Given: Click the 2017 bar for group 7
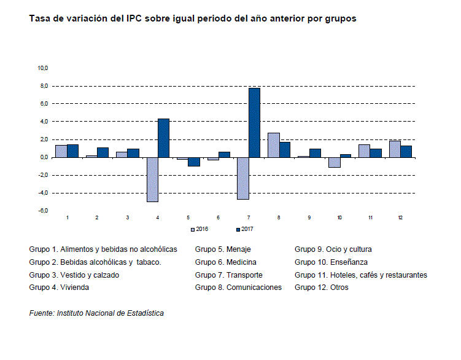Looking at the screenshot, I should pos(254,123).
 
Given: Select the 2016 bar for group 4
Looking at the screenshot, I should pos(152,179).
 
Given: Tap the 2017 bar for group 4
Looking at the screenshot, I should pos(164,138).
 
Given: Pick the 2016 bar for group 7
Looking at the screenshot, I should pos(243,178).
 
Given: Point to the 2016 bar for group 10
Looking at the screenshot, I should pos(334,162).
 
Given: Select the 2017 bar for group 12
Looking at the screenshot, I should pos(406,151).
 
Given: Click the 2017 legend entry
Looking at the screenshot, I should pos(245,229).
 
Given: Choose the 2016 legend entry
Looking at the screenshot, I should pos(200,229).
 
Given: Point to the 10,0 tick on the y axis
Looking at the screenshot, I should pos(44,68).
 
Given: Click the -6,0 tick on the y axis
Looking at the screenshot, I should pos(44,211).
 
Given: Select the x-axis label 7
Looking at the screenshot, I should pos(249,218).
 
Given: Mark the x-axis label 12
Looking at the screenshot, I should pos(400,218).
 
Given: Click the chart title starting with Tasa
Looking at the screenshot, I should pos(193,18).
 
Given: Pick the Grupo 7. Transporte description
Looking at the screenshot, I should pos(228,275).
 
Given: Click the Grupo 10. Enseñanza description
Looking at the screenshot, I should pos(331,262).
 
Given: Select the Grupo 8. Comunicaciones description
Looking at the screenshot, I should pos(238,287).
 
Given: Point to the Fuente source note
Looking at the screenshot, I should pos(96,313).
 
